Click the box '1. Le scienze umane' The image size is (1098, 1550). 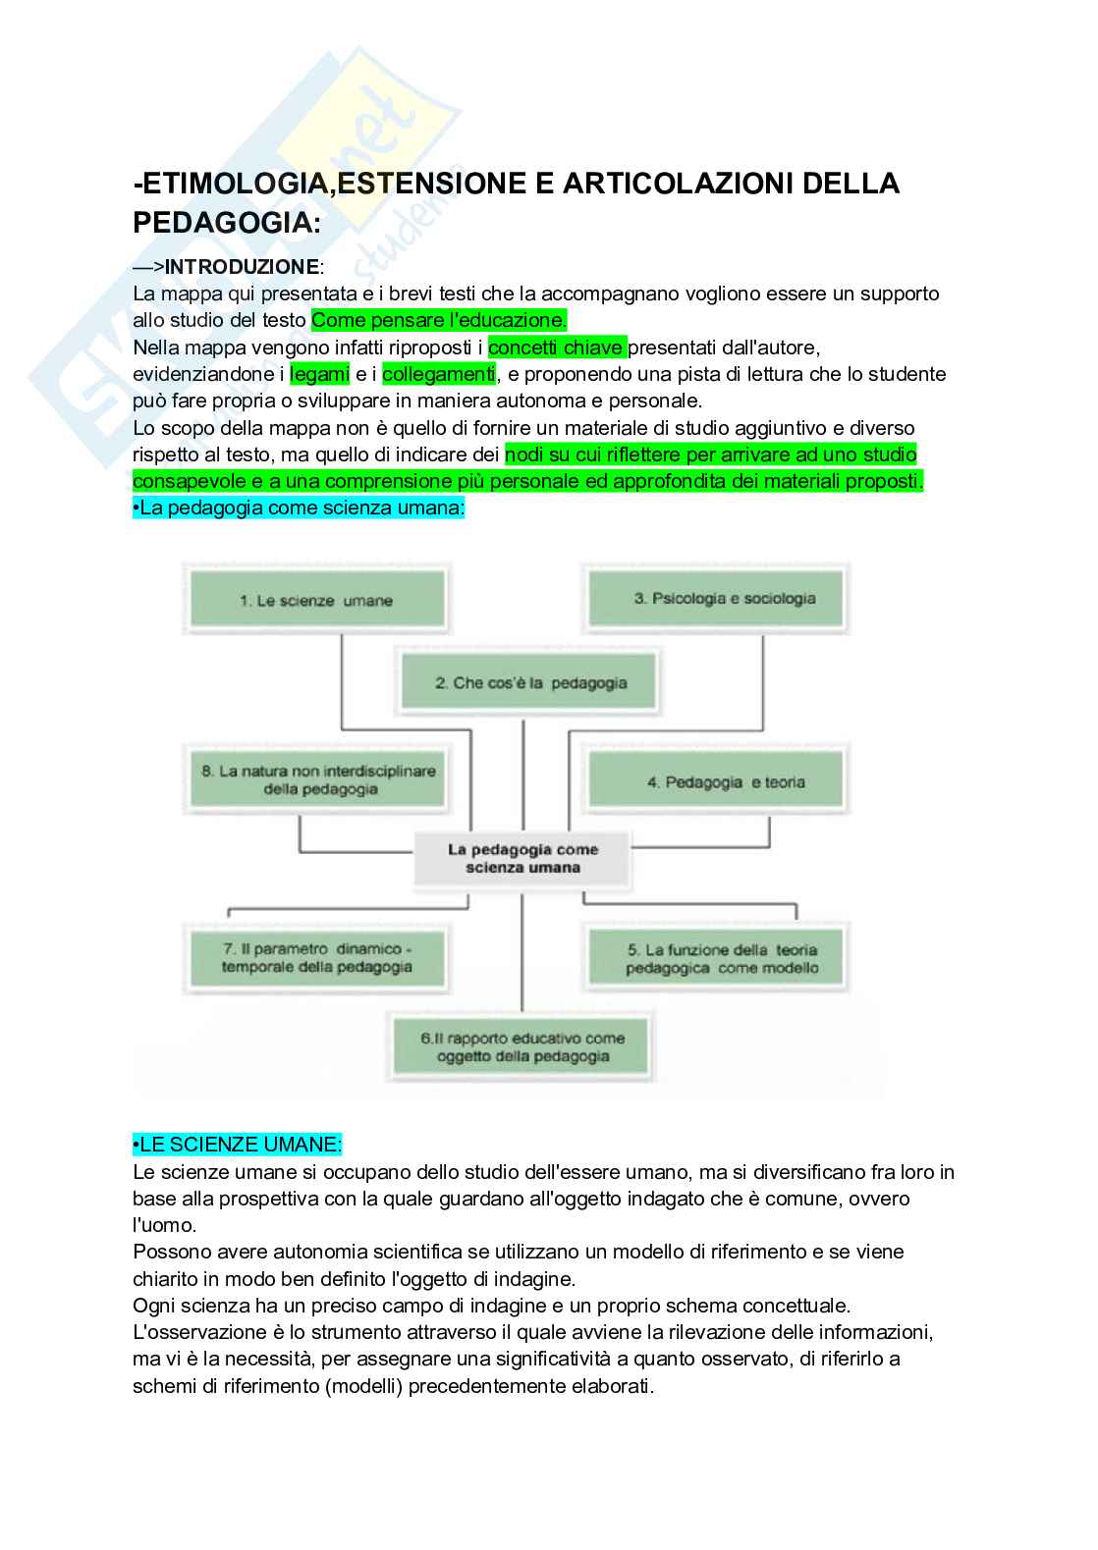coord(315,600)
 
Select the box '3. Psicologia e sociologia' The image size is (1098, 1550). coord(715,598)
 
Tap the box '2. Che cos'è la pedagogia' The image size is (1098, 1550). coord(525,682)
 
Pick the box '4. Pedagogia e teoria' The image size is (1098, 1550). coord(715,781)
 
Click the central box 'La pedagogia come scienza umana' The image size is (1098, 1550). coord(522,858)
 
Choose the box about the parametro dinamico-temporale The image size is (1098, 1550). coord(315,957)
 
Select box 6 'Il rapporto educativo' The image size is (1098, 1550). coord(522,1046)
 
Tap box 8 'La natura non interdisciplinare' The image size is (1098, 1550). coord(317,779)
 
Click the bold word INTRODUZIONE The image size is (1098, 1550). coord(242,267)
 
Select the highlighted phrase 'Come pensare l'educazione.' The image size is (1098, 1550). coord(439,320)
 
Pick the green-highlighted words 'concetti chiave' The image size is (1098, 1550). coord(556,347)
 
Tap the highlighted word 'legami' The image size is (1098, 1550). coord(319,374)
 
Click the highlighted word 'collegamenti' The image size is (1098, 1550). coord(438,374)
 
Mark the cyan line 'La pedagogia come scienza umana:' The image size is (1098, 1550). coord(299,508)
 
